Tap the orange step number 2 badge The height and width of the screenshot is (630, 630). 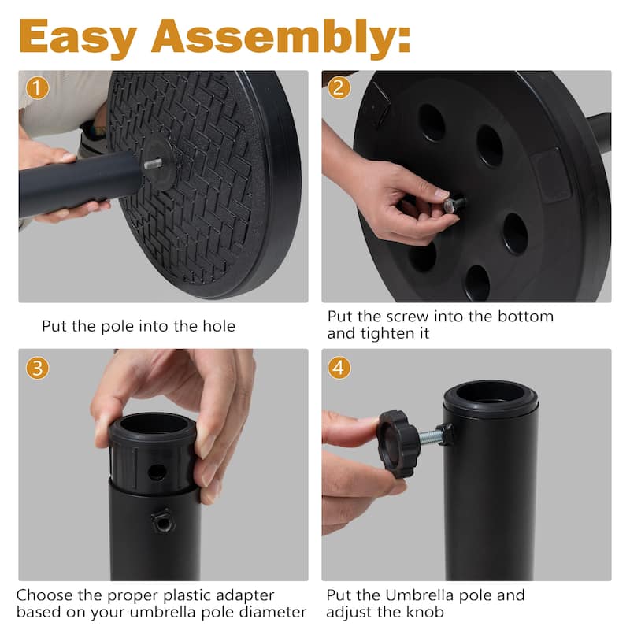tap(339, 87)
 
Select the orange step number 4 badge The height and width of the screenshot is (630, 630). tap(339, 367)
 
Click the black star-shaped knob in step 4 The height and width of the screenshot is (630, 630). tap(396, 443)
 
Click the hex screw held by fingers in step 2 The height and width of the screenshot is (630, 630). tap(454, 205)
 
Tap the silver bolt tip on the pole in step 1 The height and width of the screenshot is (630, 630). tap(154, 164)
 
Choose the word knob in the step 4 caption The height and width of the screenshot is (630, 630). tap(425, 613)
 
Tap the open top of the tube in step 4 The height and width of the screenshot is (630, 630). tap(491, 393)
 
